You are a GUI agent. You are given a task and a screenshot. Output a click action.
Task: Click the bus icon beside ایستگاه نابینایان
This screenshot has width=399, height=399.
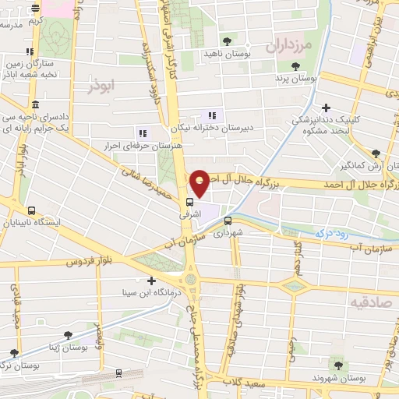point(31,210)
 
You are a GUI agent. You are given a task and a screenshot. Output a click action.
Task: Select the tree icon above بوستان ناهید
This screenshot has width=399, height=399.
point(227,41)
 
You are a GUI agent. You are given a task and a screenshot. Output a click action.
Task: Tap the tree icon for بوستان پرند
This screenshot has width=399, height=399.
point(295,67)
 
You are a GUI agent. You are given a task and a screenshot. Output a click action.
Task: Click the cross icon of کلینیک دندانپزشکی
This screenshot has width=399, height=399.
point(326,108)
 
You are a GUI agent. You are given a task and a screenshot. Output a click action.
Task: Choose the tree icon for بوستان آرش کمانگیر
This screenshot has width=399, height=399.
point(376,154)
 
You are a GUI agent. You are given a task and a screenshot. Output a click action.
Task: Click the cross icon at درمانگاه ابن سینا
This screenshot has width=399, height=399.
point(151,281)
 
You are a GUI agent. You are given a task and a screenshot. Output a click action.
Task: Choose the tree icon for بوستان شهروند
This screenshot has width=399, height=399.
point(337,364)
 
